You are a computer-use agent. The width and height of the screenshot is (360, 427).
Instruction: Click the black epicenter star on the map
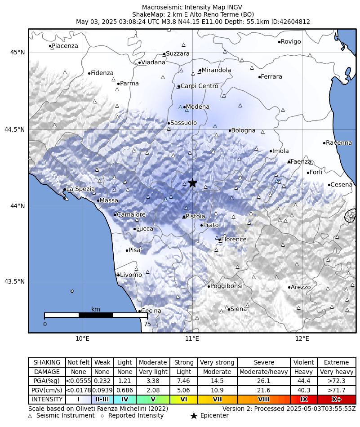coord(192,182)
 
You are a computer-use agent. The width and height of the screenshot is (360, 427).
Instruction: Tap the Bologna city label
coord(243,130)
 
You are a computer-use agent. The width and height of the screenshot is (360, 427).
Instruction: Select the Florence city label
coord(234,239)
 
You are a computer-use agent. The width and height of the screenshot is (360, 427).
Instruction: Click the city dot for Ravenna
coord(324,143)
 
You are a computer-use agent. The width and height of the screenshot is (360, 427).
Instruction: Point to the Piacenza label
coord(65,46)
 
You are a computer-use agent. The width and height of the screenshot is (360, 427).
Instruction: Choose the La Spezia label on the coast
coord(80,189)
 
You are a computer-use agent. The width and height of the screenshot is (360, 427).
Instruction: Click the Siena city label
coord(239,309)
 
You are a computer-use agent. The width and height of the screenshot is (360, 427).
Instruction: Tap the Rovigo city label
coord(291,42)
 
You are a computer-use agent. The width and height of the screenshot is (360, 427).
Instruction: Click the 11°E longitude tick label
coord(192,338)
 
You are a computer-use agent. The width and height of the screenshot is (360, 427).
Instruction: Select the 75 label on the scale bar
coord(147,324)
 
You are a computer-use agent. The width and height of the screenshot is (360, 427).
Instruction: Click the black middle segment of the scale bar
coord(96,315)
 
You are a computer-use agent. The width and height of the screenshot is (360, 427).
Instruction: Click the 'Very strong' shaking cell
coord(217,362)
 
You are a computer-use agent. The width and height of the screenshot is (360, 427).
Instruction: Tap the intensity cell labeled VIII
coord(263,399)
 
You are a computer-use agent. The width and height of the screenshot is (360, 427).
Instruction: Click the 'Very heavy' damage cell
coord(336,372)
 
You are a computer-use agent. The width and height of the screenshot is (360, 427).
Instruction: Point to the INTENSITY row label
coord(47,399)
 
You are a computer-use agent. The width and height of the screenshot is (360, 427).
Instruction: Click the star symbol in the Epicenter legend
coord(194,416)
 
